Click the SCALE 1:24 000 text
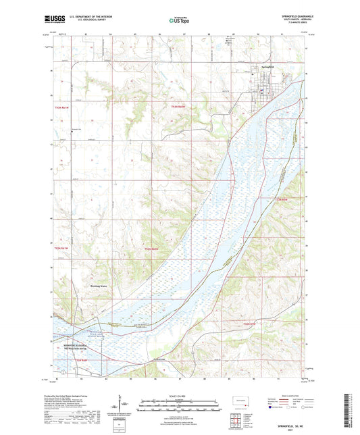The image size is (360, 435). click(x=179, y=395)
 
